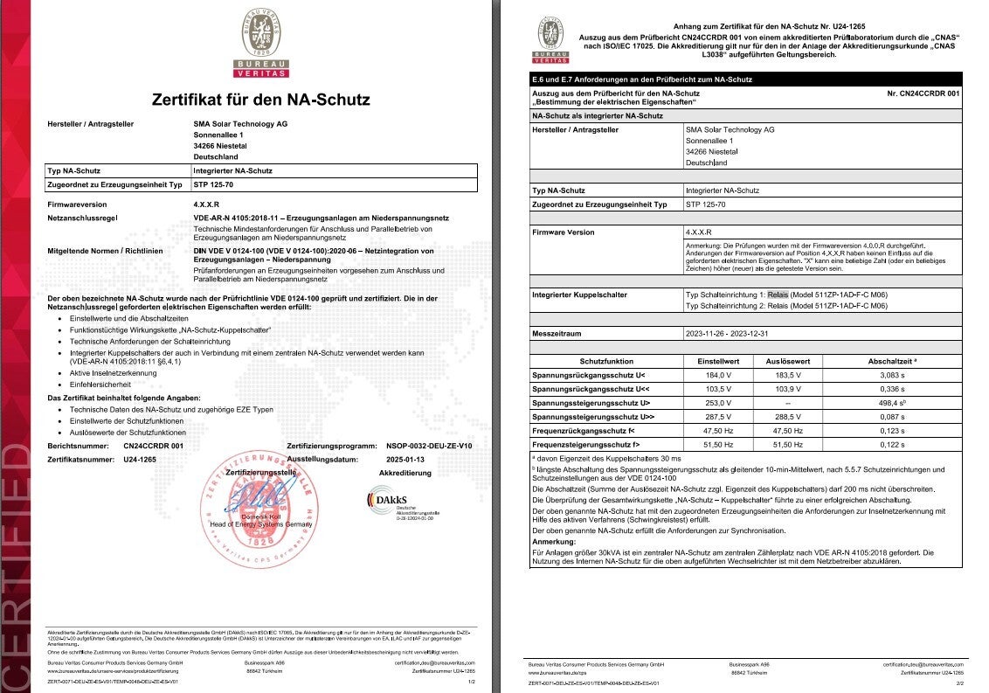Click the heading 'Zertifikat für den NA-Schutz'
click(x=260, y=100)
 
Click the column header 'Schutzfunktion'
click(x=606, y=361)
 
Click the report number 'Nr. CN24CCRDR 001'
click(x=923, y=93)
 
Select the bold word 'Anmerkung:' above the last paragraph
click(x=554, y=541)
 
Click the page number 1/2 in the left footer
click(x=472, y=681)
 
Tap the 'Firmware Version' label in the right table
click(x=563, y=232)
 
